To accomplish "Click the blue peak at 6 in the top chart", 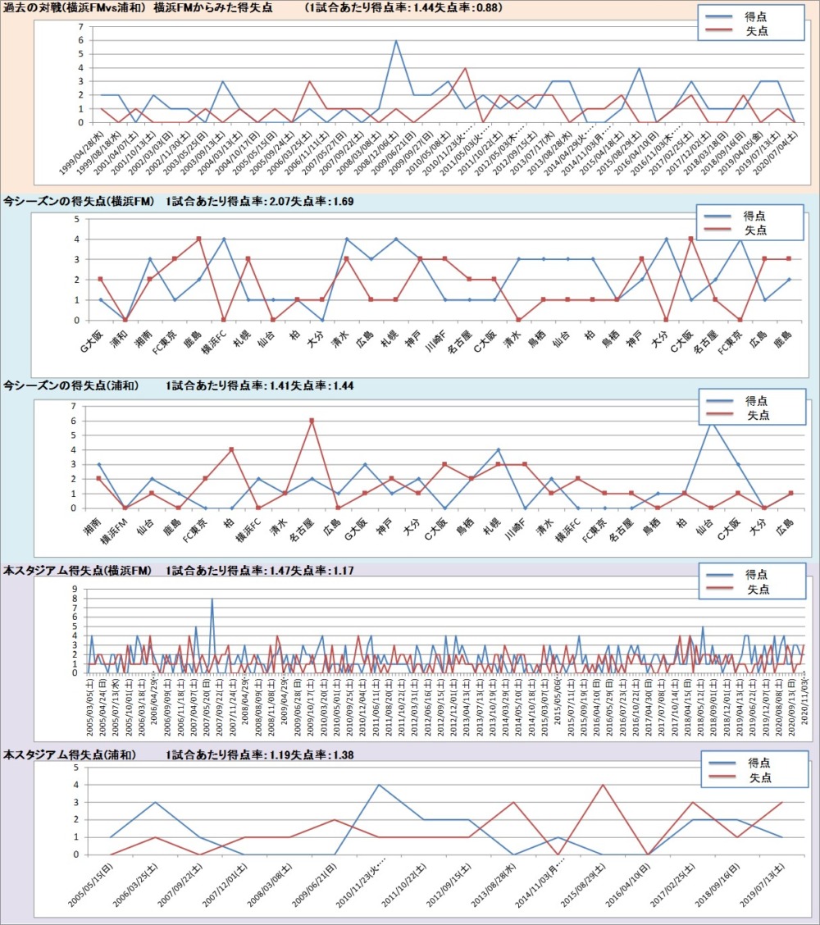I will pyautogui.click(x=395, y=41).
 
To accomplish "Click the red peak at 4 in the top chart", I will pyautogui.click(x=465, y=68).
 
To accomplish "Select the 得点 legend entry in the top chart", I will pyautogui.click(x=755, y=16).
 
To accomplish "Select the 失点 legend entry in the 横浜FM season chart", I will pyautogui.click(x=755, y=230).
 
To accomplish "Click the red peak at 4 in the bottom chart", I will pyautogui.click(x=603, y=786).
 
